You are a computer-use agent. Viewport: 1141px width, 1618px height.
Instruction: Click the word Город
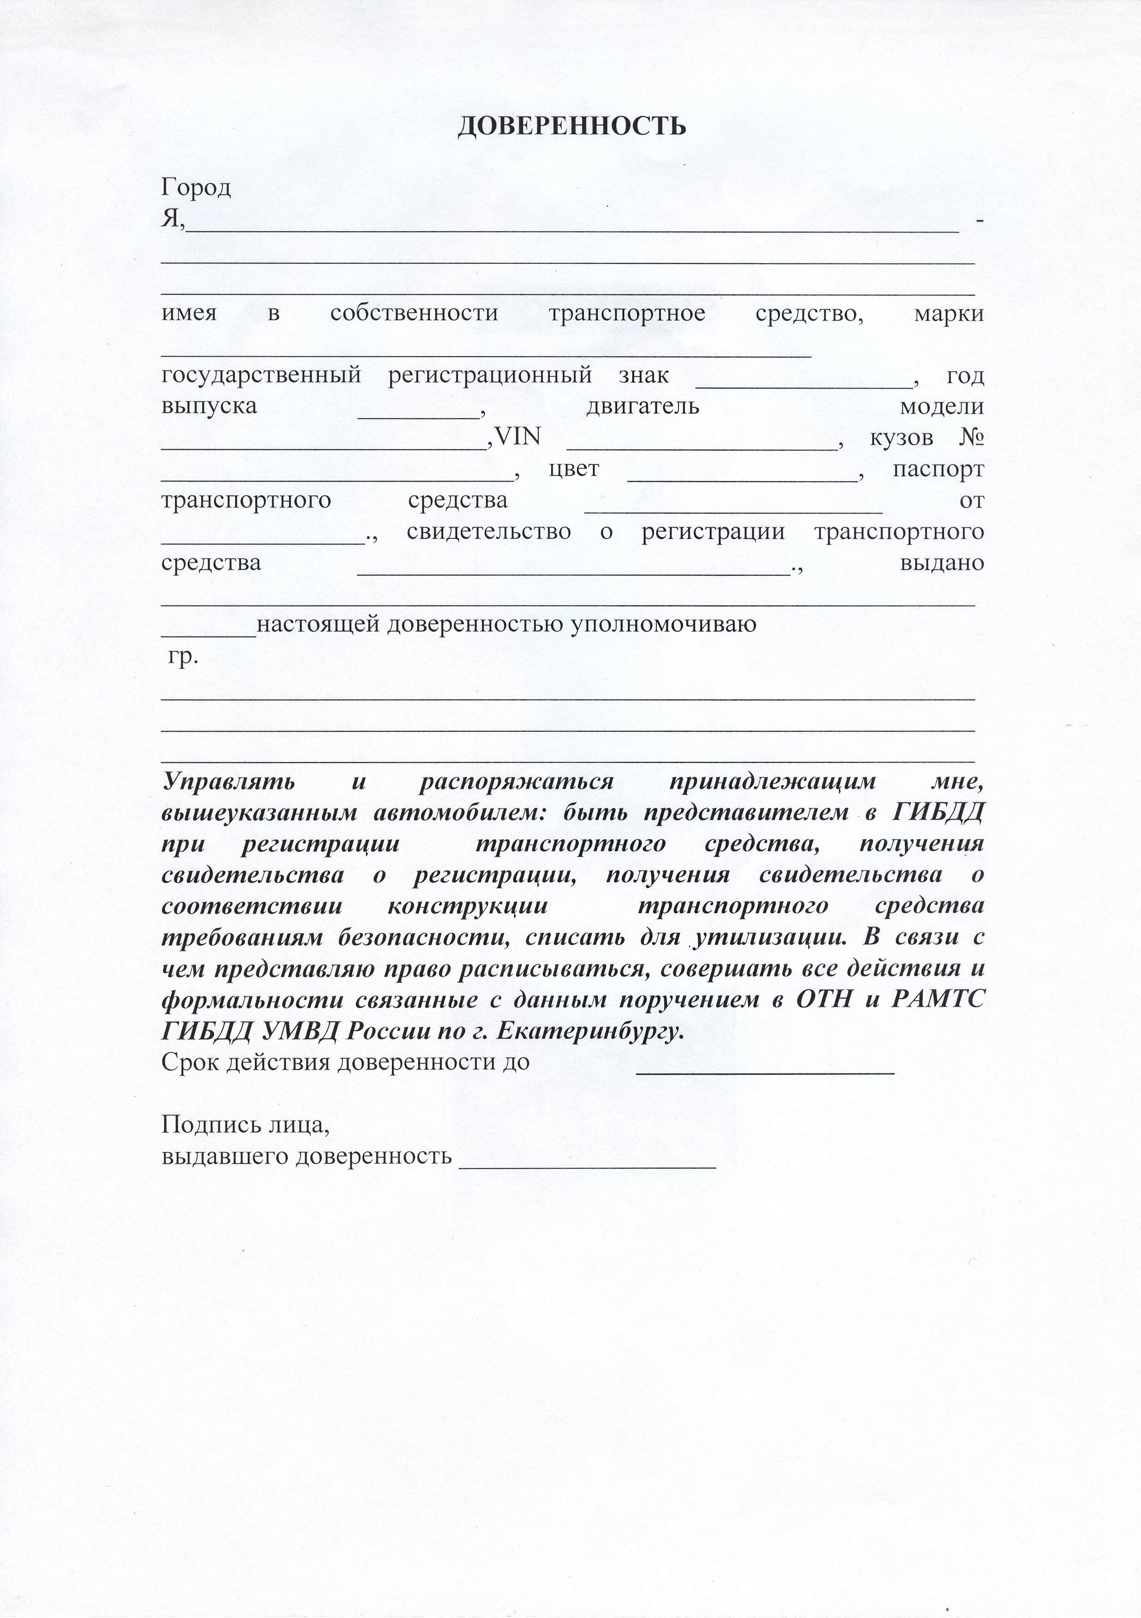click(196, 188)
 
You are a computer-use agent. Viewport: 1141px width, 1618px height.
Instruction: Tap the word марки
click(949, 314)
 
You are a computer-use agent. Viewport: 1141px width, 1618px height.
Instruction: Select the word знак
click(644, 375)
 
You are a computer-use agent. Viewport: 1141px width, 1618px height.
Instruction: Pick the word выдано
click(943, 563)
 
